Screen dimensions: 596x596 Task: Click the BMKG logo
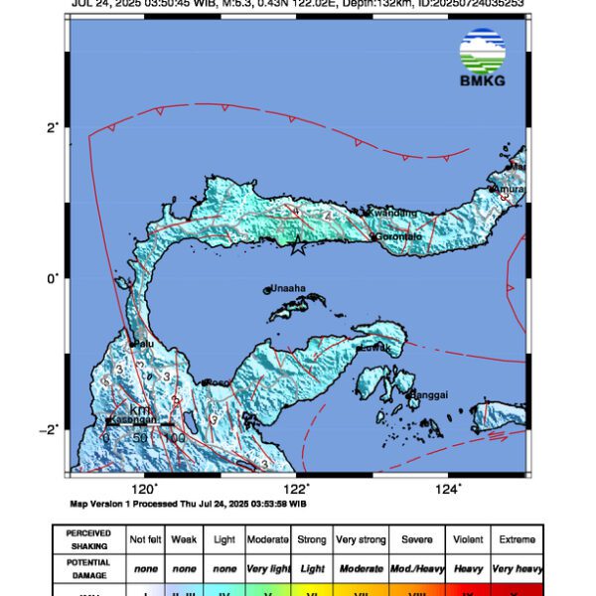click(x=482, y=58)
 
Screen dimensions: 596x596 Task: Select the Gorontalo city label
click(x=399, y=237)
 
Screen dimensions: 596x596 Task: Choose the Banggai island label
click(x=427, y=394)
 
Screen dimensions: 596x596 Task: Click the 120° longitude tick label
click(x=145, y=489)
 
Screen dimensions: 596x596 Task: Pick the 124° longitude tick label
click(x=449, y=489)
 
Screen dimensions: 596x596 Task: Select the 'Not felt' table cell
click(x=145, y=539)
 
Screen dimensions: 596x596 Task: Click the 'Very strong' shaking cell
click(x=360, y=539)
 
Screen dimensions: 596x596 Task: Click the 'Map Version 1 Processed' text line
click(x=190, y=504)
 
